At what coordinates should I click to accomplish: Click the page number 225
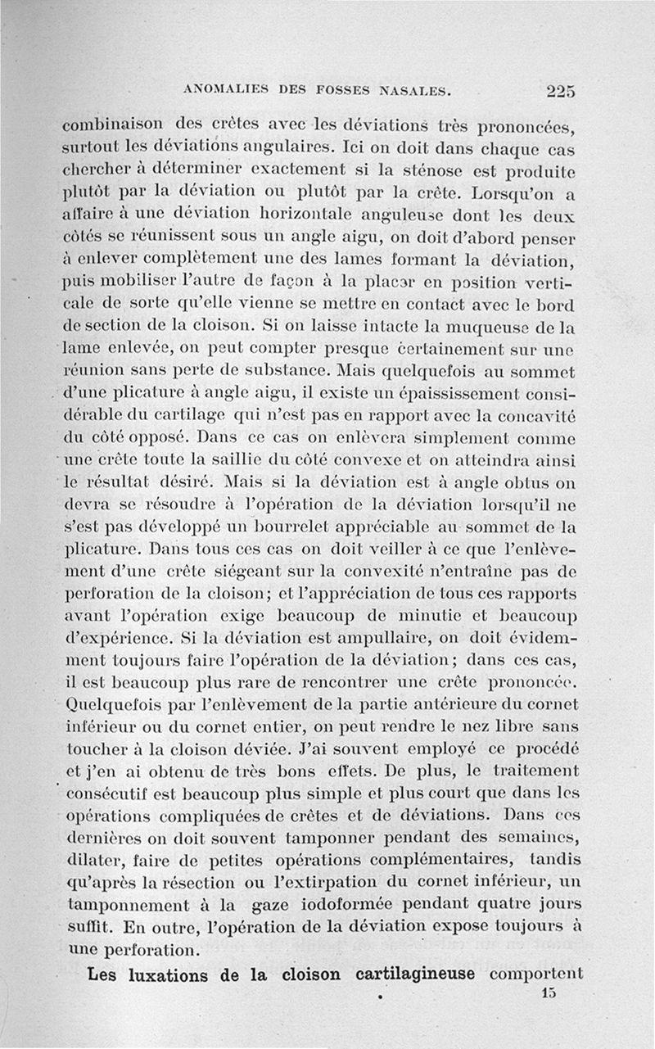coord(561,91)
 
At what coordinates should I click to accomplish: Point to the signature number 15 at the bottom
coord(548,993)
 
